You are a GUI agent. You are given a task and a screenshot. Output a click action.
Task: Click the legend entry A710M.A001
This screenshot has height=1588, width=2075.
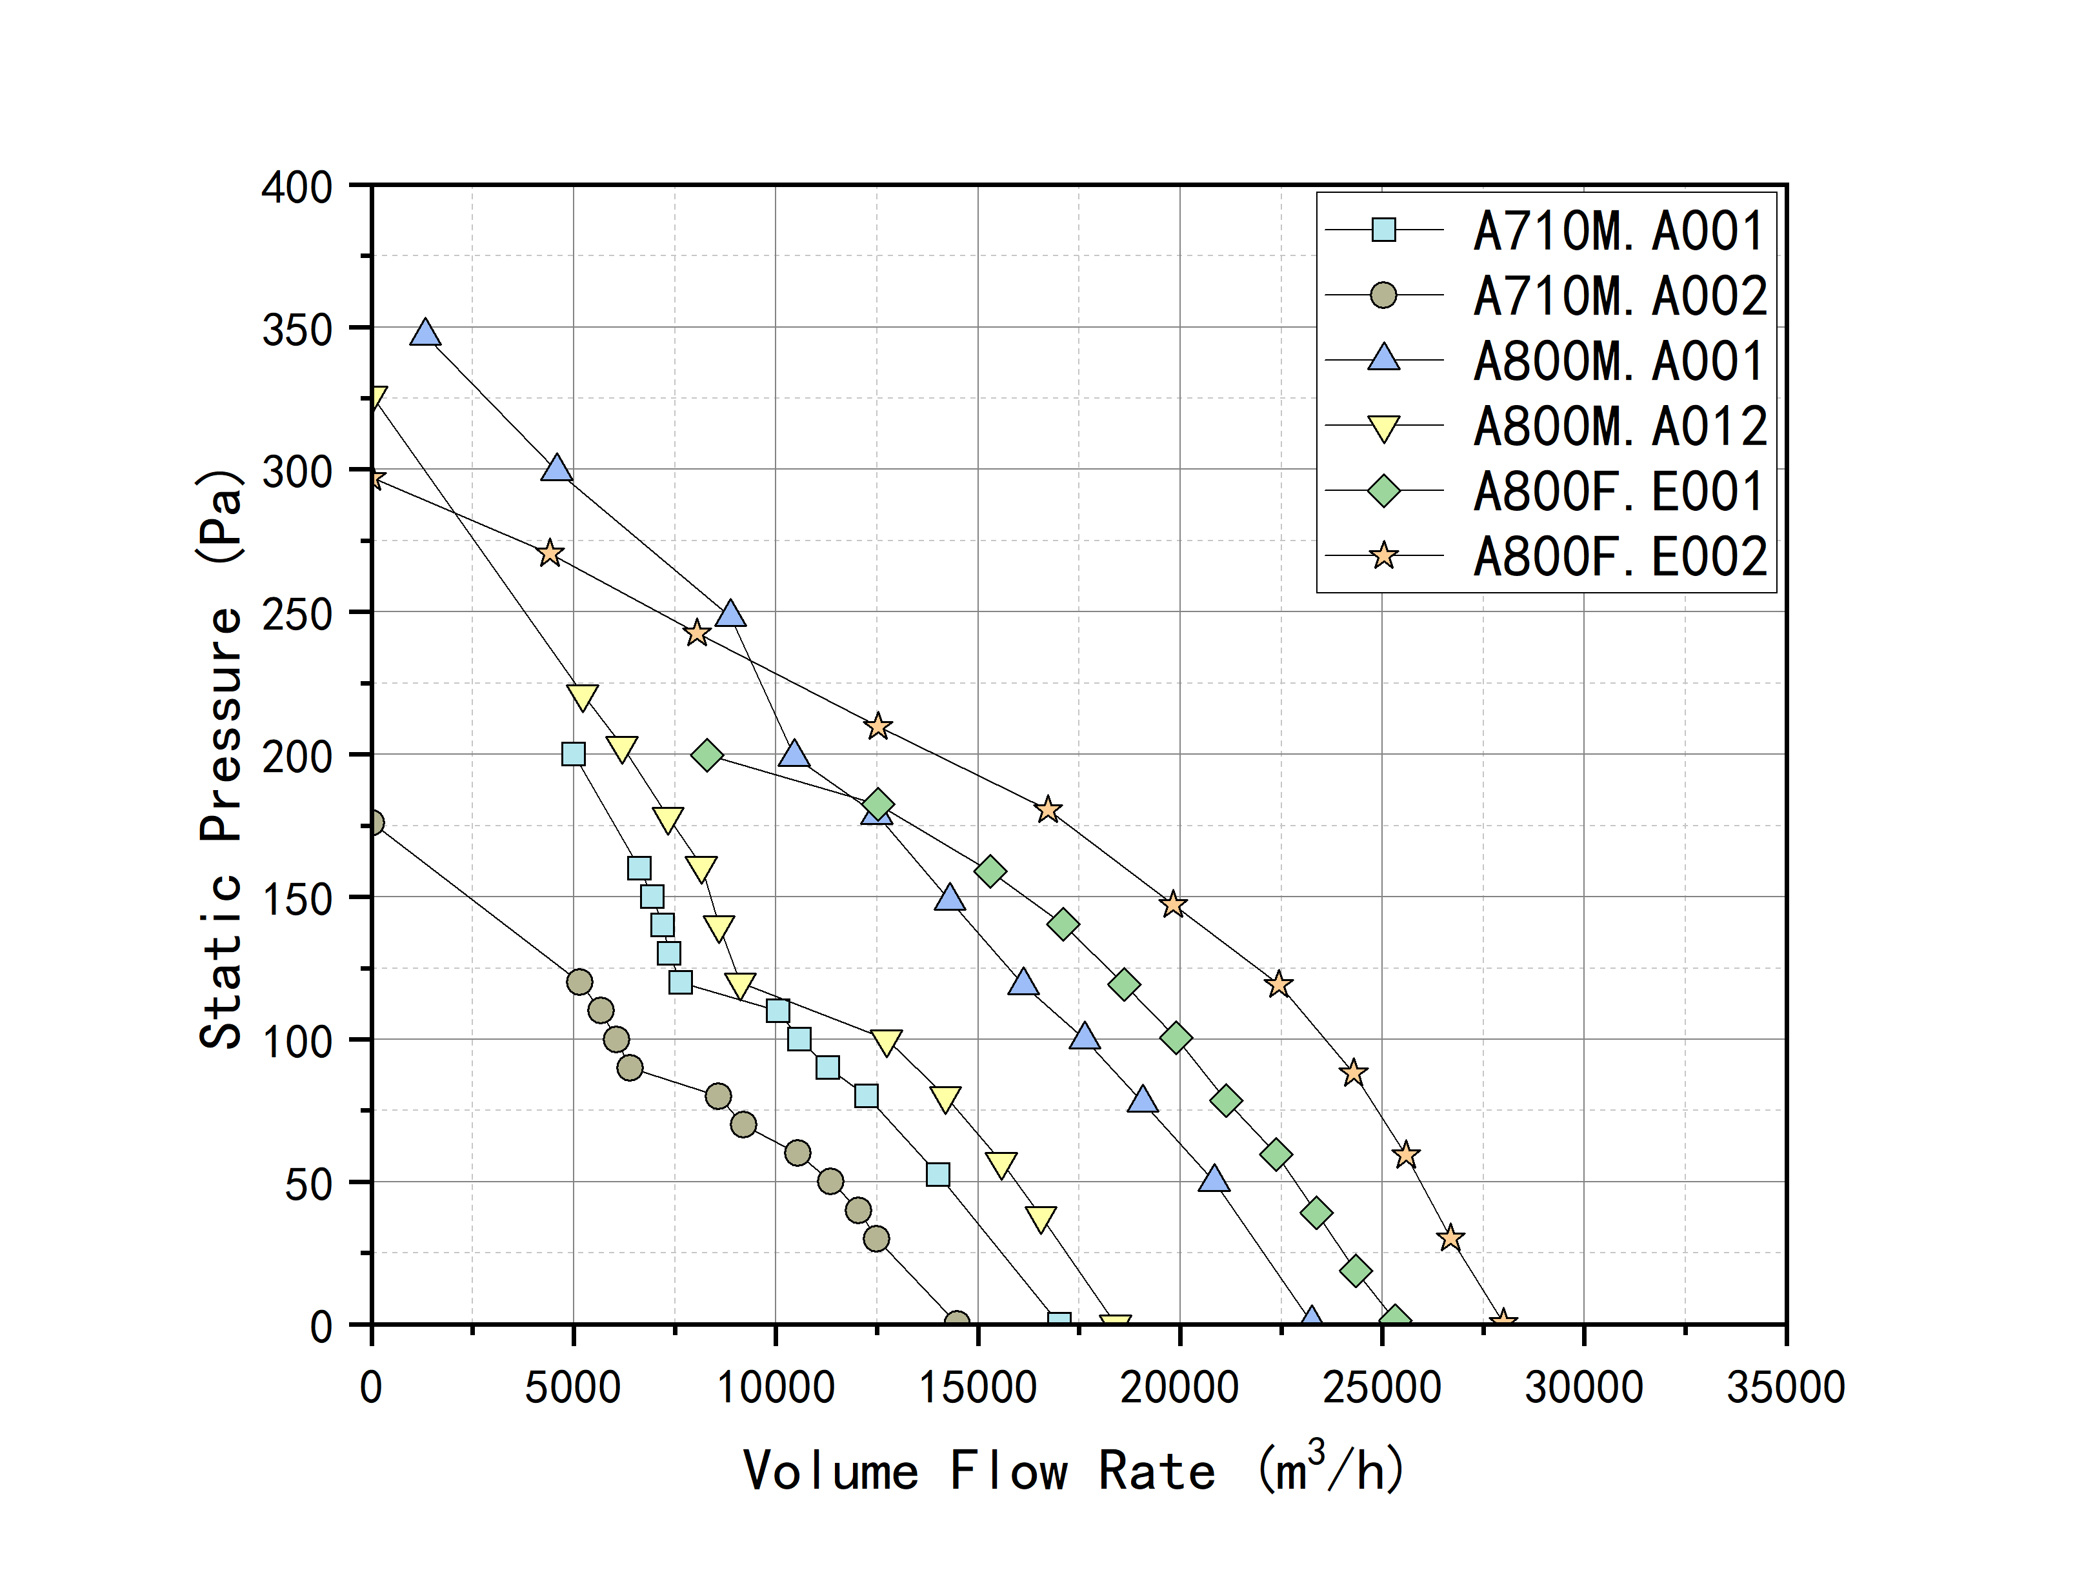[1618, 231]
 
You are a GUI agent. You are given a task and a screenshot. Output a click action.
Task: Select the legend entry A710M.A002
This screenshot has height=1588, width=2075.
[1618, 296]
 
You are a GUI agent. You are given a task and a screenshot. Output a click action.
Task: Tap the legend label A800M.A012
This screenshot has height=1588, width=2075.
[1618, 426]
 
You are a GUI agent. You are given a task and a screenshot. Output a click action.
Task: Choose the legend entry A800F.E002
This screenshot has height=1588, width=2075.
[1618, 556]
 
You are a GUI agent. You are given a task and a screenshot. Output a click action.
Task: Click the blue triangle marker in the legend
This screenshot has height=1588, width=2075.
[1383, 359]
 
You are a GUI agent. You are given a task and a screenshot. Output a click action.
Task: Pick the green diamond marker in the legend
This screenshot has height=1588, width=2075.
[1383, 491]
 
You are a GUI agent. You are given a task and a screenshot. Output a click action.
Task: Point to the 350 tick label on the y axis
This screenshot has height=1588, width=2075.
[297, 330]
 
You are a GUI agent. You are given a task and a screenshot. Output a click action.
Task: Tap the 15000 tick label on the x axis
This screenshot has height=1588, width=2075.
[977, 1387]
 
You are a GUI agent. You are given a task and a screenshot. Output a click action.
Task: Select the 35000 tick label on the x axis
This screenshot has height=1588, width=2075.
[1785, 1387]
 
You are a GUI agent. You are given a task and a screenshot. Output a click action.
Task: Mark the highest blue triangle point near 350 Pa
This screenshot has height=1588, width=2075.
[425, 333]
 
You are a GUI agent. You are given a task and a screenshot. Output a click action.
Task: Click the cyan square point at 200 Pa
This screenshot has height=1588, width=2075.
[573, 754]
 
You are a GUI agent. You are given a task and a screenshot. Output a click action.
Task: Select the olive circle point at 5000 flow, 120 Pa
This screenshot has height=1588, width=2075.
[579, 982]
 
